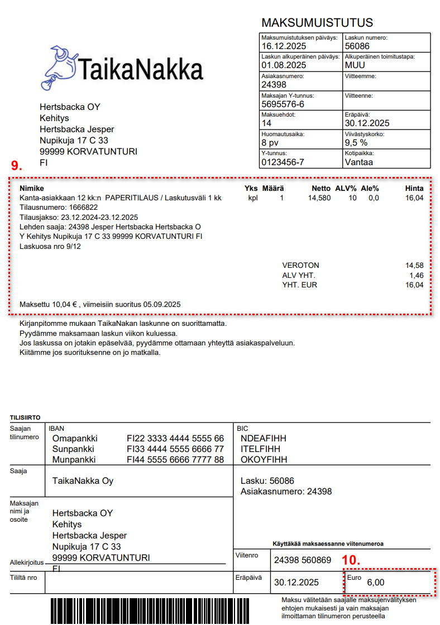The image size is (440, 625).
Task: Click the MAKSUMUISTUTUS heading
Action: (x=317, y=23)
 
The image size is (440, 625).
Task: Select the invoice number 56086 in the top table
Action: (x=357, y=46)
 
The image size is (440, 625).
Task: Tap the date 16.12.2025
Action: (x=284, y=46)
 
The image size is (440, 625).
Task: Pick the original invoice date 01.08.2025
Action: (x=284, y=65)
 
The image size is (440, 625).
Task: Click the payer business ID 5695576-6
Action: (x=283, y=104)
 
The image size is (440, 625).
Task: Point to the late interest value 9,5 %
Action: (x=356, y=143)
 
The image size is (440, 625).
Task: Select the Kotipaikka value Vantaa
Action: (x=359, y=162)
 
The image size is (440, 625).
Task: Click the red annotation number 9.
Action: (x=17, y=165)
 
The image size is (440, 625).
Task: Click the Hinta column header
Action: (x=414, y=189)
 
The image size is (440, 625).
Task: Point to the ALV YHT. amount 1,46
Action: (x=415, y=275)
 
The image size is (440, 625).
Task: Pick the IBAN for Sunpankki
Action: (x=175, y=449)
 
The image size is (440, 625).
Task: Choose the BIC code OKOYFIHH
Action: (x=264, y=460)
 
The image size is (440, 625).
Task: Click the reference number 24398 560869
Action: (x=303, y=560)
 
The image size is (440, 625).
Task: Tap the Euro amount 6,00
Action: (x=375, y=583)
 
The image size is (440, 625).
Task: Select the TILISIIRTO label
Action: (x=25, y=417)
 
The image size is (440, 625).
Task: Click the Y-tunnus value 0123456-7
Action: (x=283, y=162)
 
